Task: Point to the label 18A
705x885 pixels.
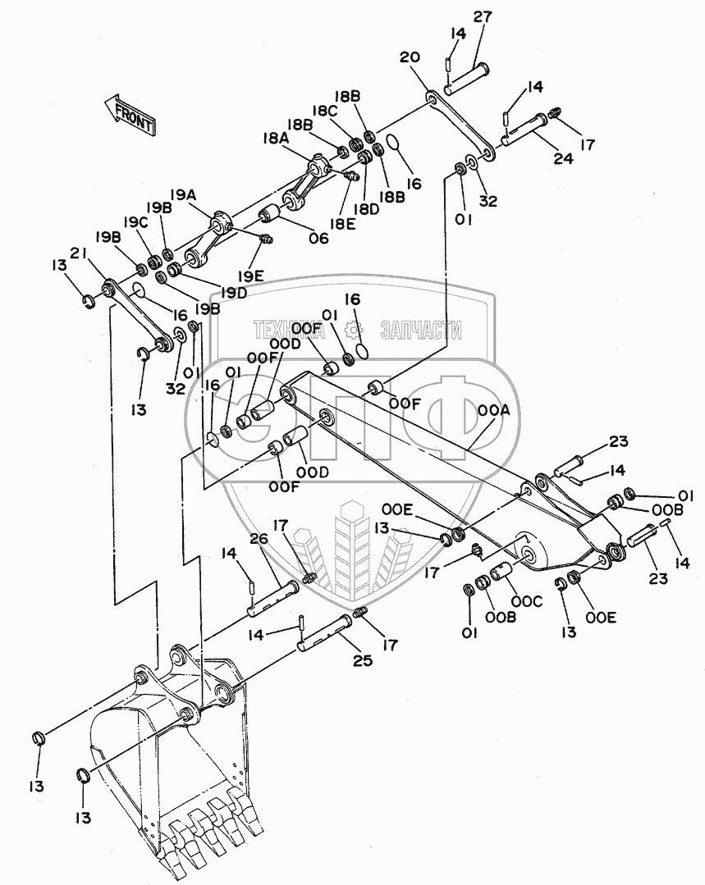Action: pyautogui.click(x=275, y=139)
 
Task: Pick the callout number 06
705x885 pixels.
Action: pyautogui.click(x=317, y=239)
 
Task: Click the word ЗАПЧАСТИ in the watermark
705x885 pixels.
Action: pyautogui.click(x=420, y=330)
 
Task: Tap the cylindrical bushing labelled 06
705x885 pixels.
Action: pyautogui.click(x=272, y=215)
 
